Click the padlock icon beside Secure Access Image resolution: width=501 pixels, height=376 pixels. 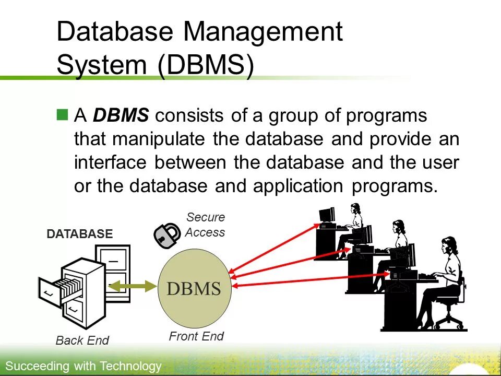(x=167, y=236)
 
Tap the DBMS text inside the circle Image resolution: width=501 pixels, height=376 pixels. (x=194, y=289)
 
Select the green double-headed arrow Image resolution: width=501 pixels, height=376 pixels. (x=133, y=286)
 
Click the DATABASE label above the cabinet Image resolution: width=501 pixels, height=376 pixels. (x=80, y=234)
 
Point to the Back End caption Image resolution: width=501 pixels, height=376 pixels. (x=82, y=340)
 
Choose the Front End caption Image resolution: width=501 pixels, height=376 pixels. (x=196, y=336)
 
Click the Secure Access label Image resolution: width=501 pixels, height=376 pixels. (x=205, y=225)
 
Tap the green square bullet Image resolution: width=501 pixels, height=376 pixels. (x=63, y=115)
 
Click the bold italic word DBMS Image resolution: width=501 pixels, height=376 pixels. (x=121, y=115)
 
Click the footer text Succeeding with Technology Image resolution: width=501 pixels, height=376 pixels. (x=83, y=366)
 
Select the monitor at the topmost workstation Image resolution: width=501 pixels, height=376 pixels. (x=327, y=215)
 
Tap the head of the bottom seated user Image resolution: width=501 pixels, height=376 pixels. (x=449, y=245)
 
